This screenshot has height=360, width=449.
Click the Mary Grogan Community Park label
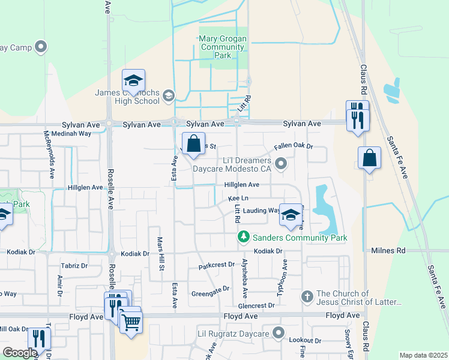click(223, 47)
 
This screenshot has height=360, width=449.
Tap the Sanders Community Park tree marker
click(243, 238)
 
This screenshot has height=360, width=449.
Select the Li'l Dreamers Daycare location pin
click(280, 163)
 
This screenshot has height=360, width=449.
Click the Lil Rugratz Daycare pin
click(277, 332)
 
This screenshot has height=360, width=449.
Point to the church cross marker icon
click(307, 295)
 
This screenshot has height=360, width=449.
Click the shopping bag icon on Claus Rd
click(370, 159)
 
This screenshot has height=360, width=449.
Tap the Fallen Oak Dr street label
click(294, 146)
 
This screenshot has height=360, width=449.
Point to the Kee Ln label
click(238, 199)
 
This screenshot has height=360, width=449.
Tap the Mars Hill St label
click(160, 252)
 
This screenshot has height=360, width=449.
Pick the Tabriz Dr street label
click(74, 265)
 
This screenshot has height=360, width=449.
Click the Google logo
click(20, 353)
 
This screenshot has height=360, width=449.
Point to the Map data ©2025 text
click(423, 355)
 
